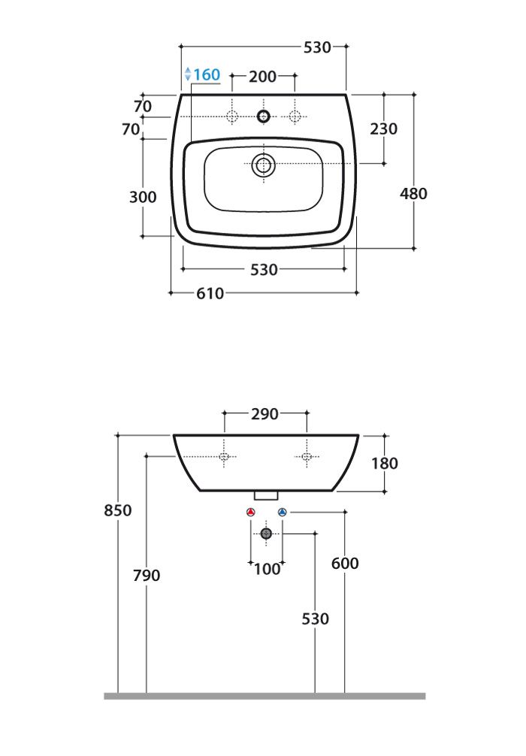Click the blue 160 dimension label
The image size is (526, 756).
[207, 74]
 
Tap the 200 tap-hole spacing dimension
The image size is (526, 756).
[263, 76]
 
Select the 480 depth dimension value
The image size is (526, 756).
[413, 193]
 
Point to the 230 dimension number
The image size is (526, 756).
[384, 129]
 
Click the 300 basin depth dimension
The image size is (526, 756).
[143, 197]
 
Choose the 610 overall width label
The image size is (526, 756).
[210, 293]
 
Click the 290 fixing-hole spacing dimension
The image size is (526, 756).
[265, 413]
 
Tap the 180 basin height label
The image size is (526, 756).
[385, 464]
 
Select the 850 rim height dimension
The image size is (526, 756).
[118, 510]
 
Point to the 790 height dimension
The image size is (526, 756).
[147, 575]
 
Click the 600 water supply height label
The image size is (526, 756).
[345, 563]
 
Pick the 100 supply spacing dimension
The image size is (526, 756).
[267, 569]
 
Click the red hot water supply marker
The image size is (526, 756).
[251, 512]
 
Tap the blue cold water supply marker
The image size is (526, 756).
[283, 512]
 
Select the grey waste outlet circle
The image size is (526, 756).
[266, 534]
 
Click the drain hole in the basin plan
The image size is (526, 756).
[263, 165]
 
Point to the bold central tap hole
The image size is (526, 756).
[263, 116]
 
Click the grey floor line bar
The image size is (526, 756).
[265, 696]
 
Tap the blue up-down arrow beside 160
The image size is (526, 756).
[188, 74]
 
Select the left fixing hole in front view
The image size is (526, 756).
[224, 457]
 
